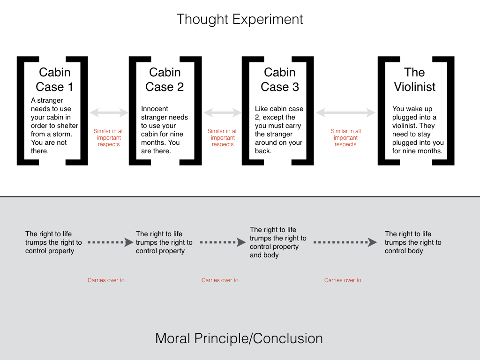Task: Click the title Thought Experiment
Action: [x=240, y=19]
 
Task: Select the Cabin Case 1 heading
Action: [x=54, y=80]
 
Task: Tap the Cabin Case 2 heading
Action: [x=165, y=80]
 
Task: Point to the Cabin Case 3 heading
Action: [x=279, y=80]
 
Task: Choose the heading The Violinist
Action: [x=414, y=80]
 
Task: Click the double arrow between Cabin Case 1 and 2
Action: [x=109, y=112]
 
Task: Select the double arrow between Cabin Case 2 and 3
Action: [x=222, y=112]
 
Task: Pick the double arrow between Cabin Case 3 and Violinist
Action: [x=345, y=112]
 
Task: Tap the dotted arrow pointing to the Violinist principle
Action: [x=345, y=242]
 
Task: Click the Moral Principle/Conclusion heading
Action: [x=239, y=338]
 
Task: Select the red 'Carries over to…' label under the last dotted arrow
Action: [x=345, y=280]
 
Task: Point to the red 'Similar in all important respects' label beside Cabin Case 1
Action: [x=109, y=138]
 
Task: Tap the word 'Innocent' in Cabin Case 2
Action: [x=155, y=109]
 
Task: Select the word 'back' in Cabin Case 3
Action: [x=262, y=151]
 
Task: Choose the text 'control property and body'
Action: [x=274, y=251]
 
